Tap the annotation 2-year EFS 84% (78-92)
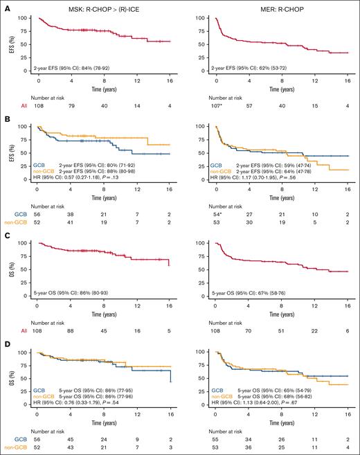point(75,69)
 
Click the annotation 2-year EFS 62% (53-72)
point(251,69)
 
